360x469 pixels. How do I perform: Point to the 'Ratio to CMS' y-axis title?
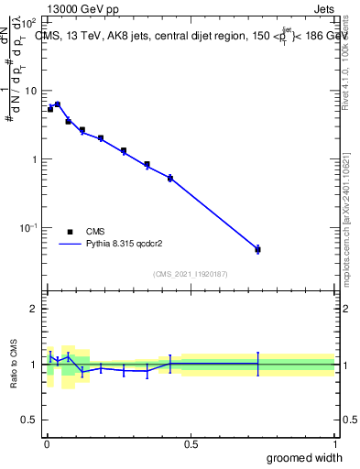point(14,364)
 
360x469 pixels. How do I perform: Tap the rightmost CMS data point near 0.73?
point(257,249)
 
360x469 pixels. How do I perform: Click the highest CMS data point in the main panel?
point(58,104)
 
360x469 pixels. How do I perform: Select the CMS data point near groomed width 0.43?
point(170,178)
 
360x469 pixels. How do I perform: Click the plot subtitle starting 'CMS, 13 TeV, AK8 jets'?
point(192,37)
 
